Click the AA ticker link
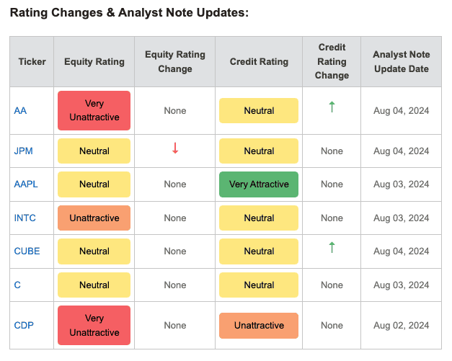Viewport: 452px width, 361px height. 20,111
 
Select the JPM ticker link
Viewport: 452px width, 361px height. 23,151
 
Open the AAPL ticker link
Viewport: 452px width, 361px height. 26,184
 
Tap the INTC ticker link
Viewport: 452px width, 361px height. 25,218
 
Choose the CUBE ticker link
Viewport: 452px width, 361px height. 27,251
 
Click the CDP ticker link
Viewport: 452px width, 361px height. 24,325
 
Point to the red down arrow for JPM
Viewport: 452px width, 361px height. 175,148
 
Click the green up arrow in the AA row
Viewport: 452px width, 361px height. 332,107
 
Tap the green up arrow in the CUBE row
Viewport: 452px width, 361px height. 332,247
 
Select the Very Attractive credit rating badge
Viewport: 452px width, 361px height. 259,184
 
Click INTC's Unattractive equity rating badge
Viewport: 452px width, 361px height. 94,218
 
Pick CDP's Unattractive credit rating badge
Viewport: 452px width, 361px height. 259,326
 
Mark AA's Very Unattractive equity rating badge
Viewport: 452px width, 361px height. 94,111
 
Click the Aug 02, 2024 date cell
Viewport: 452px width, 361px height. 402,325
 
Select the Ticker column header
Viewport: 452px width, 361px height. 32,62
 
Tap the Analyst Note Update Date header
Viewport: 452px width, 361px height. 402,62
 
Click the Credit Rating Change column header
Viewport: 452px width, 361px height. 332,61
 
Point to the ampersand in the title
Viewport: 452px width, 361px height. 110,13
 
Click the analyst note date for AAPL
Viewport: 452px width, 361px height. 402,184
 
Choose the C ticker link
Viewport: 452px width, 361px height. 17,285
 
